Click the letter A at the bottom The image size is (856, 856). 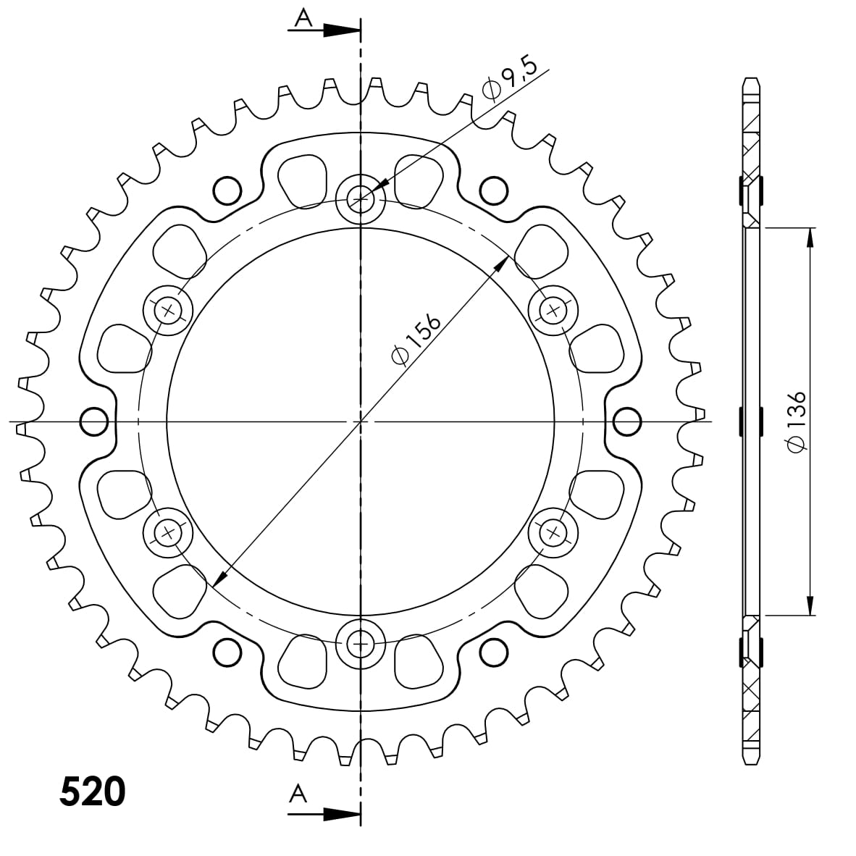[x=298, y=794]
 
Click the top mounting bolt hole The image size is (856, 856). [x=360, y=198]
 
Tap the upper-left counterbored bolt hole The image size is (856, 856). [x=169, y=310]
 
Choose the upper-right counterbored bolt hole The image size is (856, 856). [x=554, y=310]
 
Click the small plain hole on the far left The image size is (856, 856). [x=94, y=421]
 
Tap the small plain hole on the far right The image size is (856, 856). [x=627, y=421]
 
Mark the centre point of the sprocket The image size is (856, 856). [x=360, y=421]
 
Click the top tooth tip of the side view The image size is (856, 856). [x=751, y=78]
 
